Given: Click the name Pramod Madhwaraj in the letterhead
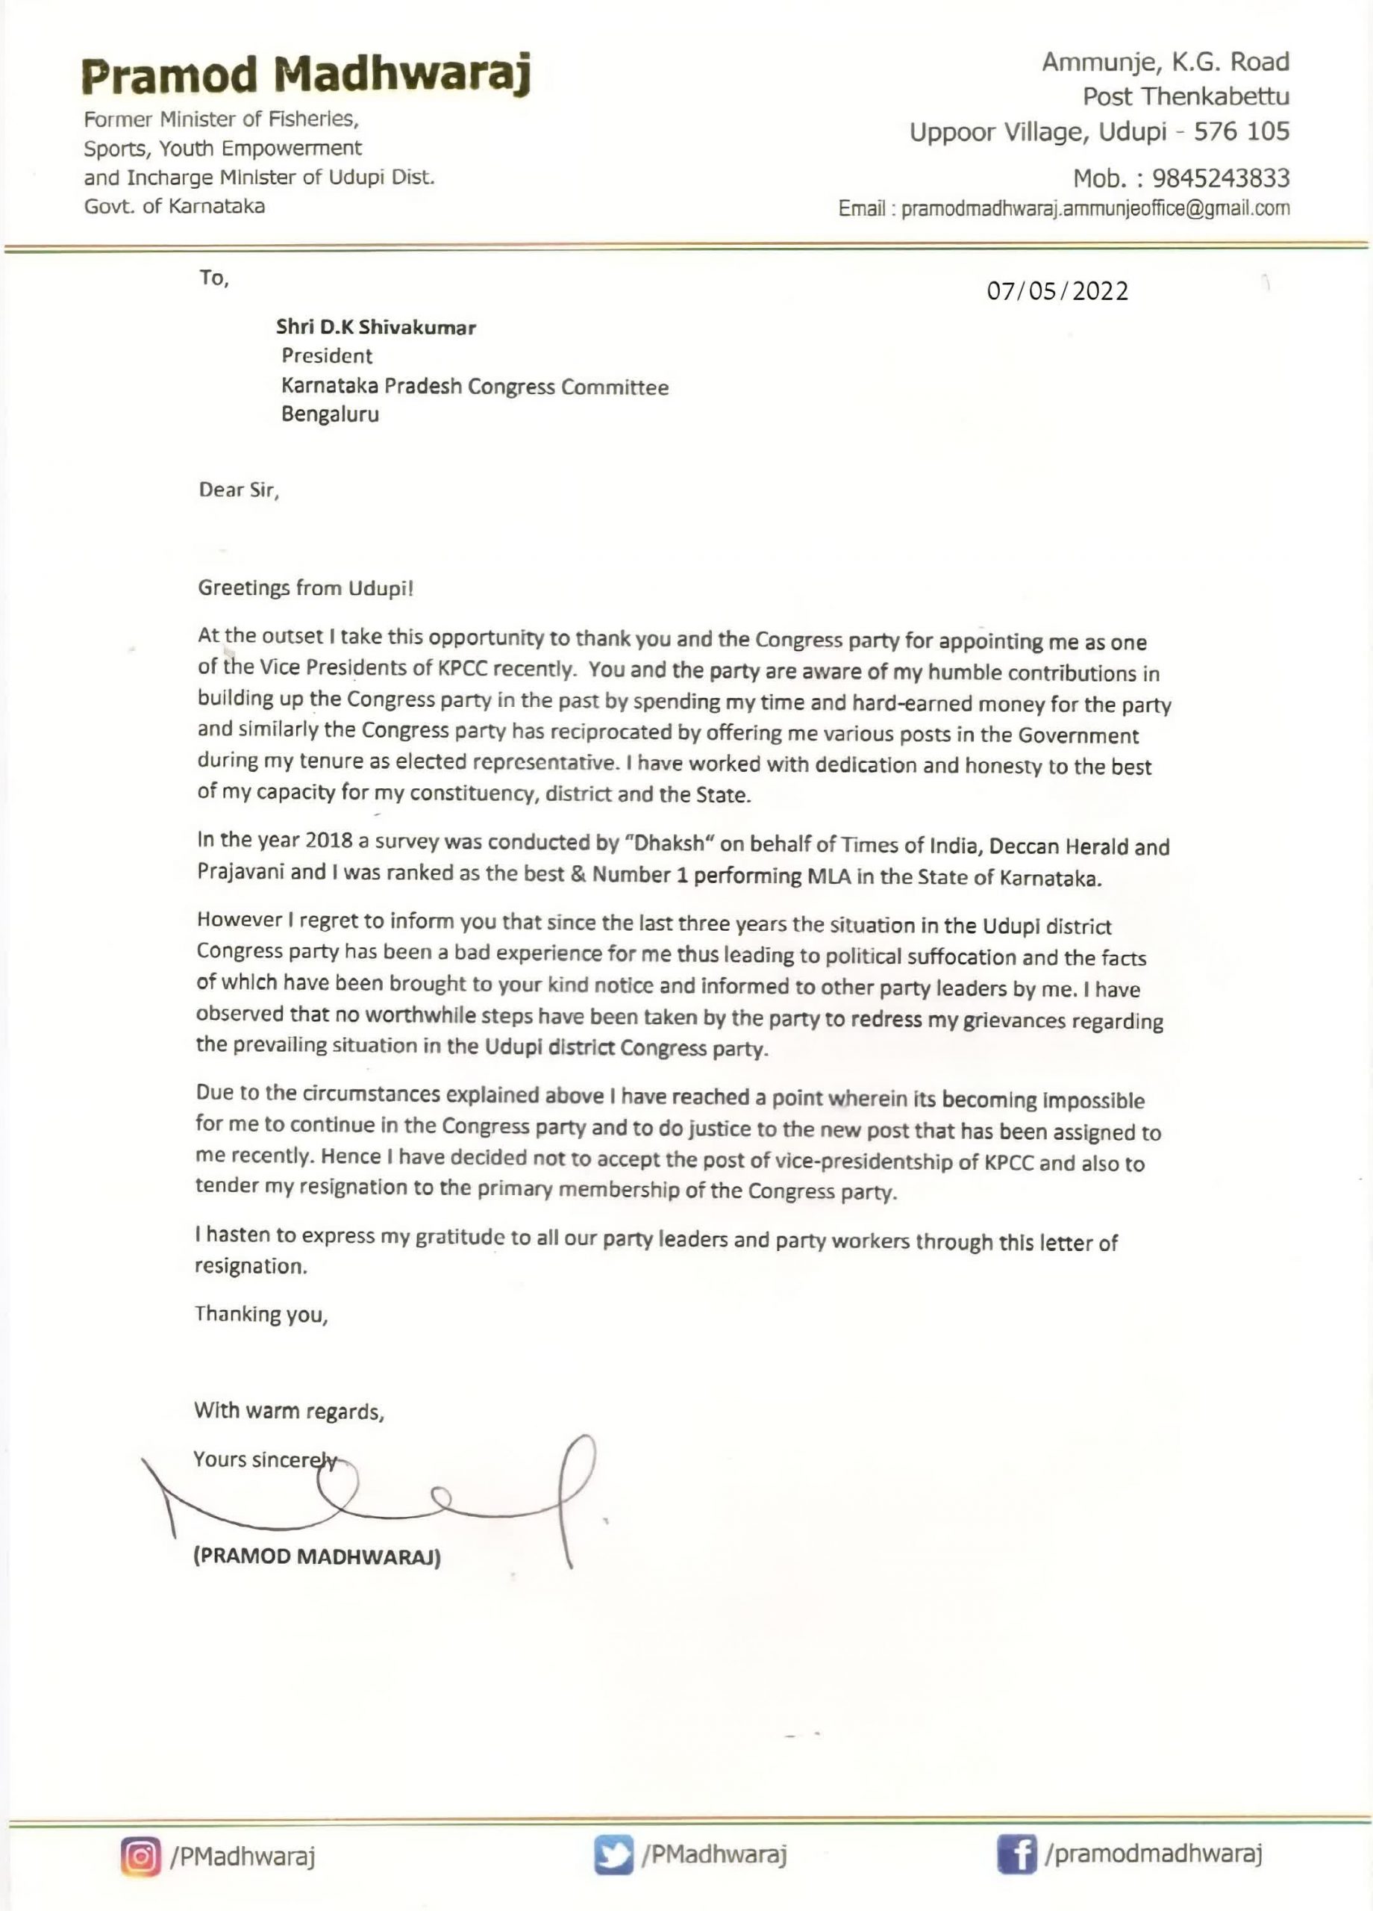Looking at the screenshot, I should coord(307,76).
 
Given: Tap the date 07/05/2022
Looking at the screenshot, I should coord(1058,292).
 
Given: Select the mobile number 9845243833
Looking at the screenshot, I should coord(1221,178).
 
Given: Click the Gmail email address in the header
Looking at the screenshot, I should coord(1095,209).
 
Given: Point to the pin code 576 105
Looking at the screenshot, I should coord(1242,131).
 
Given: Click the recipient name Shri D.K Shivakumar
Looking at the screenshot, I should coord(375,328).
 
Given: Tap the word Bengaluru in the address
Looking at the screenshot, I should coord(329,414).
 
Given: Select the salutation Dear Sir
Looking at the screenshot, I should coord(238,490).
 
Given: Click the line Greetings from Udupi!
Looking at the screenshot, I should coord(306,588).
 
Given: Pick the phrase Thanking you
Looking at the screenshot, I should coord(261,1315).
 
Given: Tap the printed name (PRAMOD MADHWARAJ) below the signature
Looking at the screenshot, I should coord(316,1557).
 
